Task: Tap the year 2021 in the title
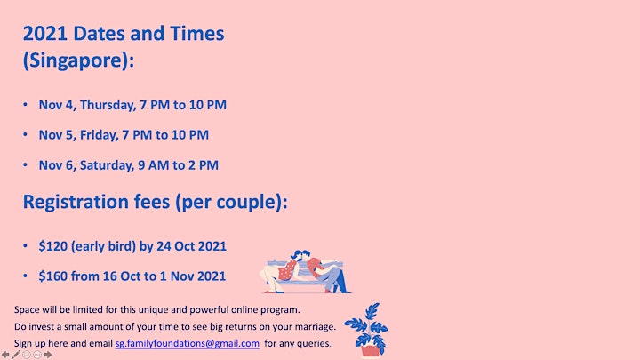click(45, 34)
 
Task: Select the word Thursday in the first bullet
click(108, 105)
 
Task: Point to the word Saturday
click(107, 165)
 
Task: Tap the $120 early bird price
click(53, 246)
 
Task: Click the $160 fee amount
click(53, 276)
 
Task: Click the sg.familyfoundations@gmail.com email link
click(188, 343)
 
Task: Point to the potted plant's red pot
click(371, 351)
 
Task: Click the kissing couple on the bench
click(306, 271)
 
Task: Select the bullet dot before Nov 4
click(25, 105)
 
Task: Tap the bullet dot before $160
click(25, 276)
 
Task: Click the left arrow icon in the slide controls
click(5, 355)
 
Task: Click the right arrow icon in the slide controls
click(48, 355)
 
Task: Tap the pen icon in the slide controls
click(16, 355)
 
